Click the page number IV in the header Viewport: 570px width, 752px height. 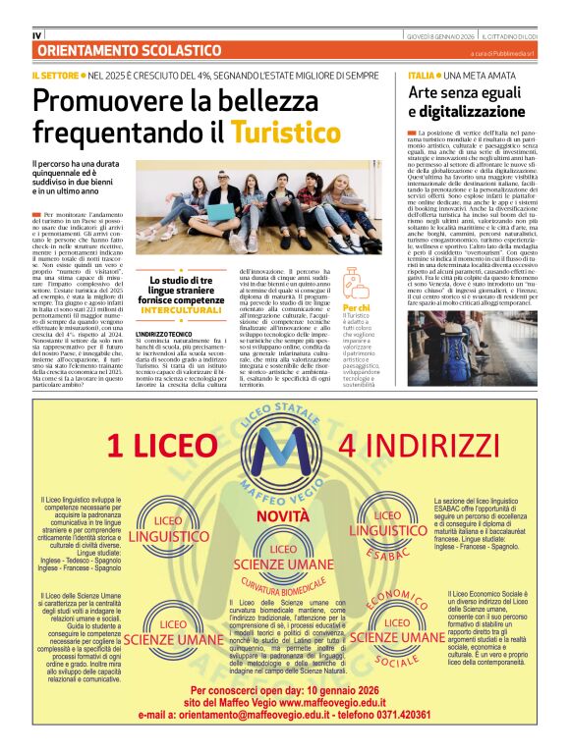point(36,35)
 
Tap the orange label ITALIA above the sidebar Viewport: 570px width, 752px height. point(421,76)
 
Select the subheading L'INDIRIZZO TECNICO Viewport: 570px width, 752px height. point(163,336)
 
